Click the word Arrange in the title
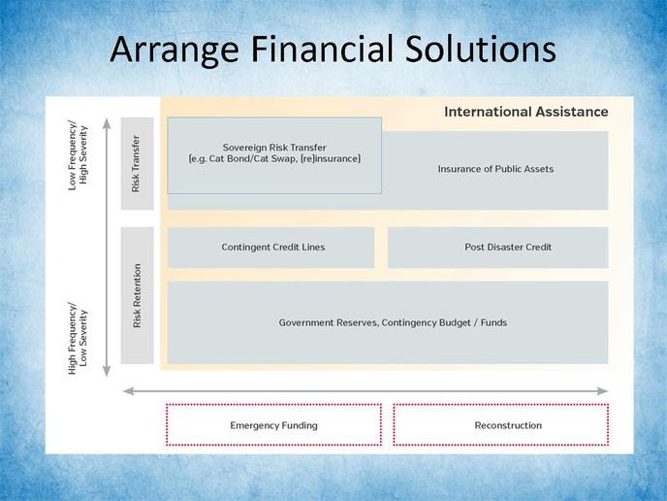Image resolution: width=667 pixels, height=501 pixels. (x=175, y=50)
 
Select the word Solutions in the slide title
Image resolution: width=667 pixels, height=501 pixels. (x=480, y=49)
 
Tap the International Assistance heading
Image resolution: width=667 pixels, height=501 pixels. (x=526, y=112)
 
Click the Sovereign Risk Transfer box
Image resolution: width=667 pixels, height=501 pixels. (x=274, y=155)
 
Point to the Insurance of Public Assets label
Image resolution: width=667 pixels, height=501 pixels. (x=495, y=169)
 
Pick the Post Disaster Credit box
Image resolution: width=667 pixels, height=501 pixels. (x=497, y=248)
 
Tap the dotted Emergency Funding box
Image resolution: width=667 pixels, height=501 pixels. (x=273, y=424)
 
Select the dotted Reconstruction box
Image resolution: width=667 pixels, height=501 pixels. (x=500, y=424)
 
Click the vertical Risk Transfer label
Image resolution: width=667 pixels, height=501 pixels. (x=136, y=163)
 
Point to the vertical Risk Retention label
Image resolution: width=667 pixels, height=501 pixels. (x=137, y=296)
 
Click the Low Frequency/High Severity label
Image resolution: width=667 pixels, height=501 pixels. (x=78, y=155)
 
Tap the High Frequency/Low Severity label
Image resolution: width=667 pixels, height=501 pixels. (x=78, y=338)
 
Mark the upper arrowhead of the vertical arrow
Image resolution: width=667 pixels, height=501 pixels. (x=107, y=122)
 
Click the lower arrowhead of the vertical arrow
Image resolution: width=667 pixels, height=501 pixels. (x=107, y=372)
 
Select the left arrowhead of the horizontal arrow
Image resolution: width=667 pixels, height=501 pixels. (x=129, y=391)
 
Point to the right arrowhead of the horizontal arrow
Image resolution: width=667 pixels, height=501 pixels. (x=602, y=391)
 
